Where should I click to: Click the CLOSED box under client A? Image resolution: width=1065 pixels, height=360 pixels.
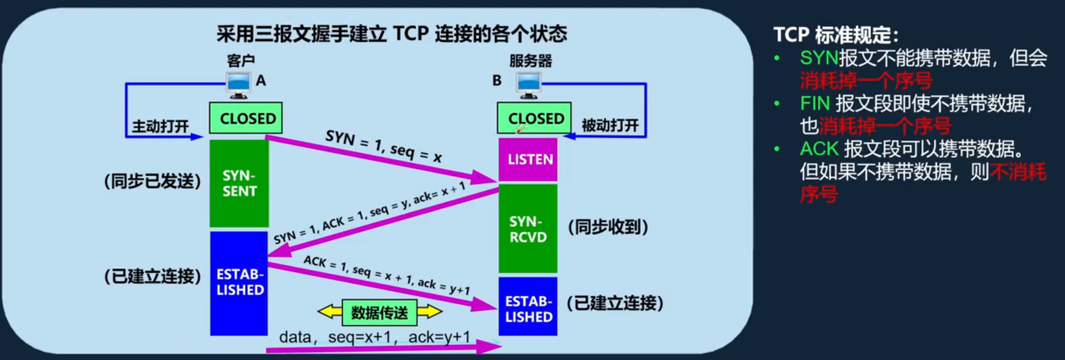pyautogui.click(x=246, y=118)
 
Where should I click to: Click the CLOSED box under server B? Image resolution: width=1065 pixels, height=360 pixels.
pyautogui.click(x=534, y=118)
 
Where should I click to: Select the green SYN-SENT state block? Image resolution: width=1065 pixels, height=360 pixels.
pyautogui.click(x=239, y=183)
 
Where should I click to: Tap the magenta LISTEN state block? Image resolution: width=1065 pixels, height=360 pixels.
pyautogui.click(x=528, y=159)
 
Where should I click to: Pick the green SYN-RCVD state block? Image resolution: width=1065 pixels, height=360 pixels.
pyautogui.click(x=528, y=229)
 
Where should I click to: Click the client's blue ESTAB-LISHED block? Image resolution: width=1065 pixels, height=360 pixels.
pyautogui.click(x=239, y=282)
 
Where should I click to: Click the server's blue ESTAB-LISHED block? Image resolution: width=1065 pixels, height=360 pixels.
pyautogui.click(x=528, y=308)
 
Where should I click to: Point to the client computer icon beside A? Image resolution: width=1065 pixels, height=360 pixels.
pyautogui.click(x=239, y=85)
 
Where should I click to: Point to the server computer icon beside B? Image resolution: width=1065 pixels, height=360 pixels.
pyautogui.click(x=528, y=85)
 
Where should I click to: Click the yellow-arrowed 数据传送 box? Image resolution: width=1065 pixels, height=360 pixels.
pyautogui.click(x=380, y=312)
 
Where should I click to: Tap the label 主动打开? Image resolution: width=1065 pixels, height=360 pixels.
pyautogui.click(x=160, y=126)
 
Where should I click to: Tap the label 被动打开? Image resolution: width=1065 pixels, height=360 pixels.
pyautogui.click(x=610, y=125)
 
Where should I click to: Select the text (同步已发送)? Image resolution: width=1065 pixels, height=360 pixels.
pyautogui.click(x=153, y=181)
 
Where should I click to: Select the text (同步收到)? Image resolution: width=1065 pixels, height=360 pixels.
pyautogui.click(x=608, y=227)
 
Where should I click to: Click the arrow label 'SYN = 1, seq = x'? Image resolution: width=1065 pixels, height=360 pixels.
pyautogui.click(x=384, y=146)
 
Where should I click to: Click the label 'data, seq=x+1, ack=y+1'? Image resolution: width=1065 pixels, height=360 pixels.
pyautogui.click(x=374, y=337)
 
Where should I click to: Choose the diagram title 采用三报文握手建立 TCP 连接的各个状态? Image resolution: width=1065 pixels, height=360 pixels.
pyautogui.click(x=392, y=34)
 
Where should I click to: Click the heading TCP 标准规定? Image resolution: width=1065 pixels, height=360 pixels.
pyautogui.click(x=835, y=35)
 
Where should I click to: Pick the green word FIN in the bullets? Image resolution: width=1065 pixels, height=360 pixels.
pyautogui.click(x=814, y=104)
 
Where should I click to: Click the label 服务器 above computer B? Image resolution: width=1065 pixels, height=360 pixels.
pyautogui.click(x=530, y=60)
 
